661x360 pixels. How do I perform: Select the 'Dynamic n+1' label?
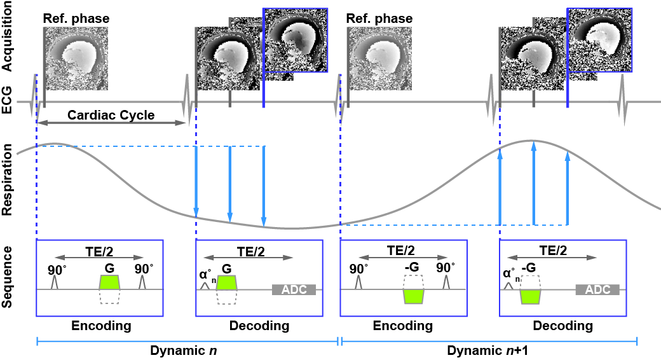(489, 350)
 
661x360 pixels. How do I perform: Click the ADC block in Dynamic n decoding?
(293, 289)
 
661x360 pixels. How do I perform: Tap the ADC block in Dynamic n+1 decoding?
(597, 289)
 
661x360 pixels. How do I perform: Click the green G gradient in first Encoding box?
(109, 282)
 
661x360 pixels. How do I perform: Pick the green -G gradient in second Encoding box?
(413, 296)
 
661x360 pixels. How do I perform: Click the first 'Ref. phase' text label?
(76, 18)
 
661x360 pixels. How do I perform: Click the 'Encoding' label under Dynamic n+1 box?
(404, 326)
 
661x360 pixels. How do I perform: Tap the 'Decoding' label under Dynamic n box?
(259, 326)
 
